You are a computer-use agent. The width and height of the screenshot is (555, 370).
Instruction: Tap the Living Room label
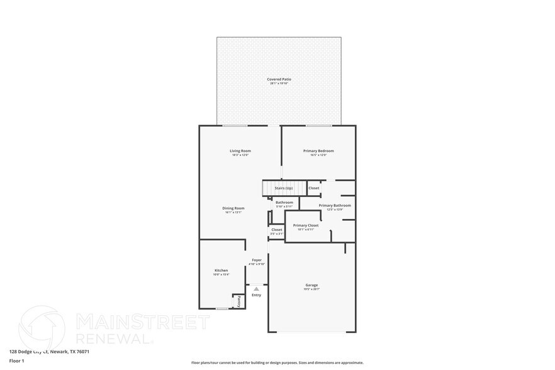click(x=240, y=151)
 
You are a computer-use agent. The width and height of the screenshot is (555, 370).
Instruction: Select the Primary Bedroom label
click(x=318, y=151)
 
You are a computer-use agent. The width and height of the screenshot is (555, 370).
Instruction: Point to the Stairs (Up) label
click(x=284, y=188)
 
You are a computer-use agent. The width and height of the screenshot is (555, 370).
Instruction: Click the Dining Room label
click(x=233, y=208)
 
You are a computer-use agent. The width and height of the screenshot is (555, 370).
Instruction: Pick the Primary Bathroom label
click(x=335, y=206)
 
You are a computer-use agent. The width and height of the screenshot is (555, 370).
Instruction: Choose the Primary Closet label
click(x=306, y=225)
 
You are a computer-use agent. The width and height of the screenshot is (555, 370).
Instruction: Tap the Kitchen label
click(x=221, y=271)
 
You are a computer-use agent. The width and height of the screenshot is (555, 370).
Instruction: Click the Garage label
click(x=312, y=285)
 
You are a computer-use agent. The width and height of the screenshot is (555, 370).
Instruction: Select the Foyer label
click(x=257, y=260)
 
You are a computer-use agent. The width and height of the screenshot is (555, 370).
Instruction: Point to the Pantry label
click(x=239, y=301)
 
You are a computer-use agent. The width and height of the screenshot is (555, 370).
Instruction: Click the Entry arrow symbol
click(x=256, y=289)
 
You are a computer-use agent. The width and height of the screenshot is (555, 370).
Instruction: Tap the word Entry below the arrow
click(x=256, y=295)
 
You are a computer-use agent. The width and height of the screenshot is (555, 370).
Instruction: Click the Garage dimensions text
click(x=312, y=289)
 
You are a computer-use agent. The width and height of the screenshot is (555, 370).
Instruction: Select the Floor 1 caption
click(x=17, y=361)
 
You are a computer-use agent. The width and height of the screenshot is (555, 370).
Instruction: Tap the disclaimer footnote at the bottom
click(x=277, y=363)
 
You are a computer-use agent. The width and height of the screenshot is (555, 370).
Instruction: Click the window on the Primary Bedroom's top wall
click(x=319, y=126)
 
